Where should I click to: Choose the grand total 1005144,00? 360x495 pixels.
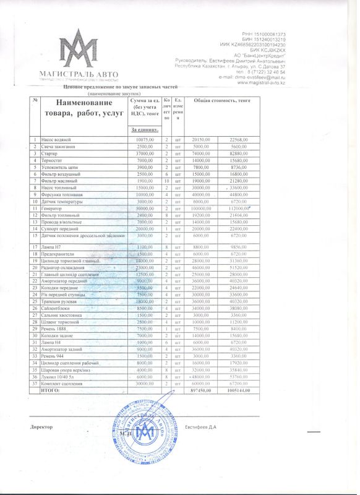(238, 392)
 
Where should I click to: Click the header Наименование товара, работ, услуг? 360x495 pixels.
(83, 109)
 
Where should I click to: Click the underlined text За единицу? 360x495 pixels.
(145, 130)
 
